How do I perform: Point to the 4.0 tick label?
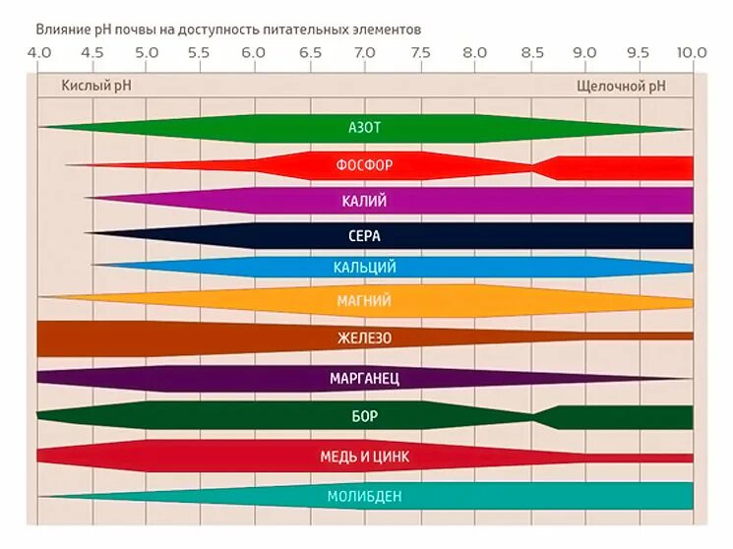[38, 52]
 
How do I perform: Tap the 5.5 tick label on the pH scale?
[198, 52]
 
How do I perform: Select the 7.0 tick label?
[364, 52]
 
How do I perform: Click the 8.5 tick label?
[531, 52]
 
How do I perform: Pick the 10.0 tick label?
[692, 52]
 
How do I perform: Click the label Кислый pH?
[95, 86]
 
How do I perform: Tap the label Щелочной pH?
[621, 86]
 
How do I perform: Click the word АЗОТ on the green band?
[364, 128]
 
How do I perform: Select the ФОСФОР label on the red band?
[364, 164]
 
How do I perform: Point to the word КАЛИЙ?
[364, 201]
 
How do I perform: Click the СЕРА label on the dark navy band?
[364, 236]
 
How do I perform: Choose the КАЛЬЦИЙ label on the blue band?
[364, 268]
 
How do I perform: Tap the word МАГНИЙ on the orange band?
[364, 301]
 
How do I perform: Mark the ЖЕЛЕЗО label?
[364, 338]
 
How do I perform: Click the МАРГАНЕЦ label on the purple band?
[364, 378]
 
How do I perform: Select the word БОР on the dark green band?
[364, 416]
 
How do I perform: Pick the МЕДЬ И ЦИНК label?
[364, 457]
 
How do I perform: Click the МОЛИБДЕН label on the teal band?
[364, 496]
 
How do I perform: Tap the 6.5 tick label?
[309, 52]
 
